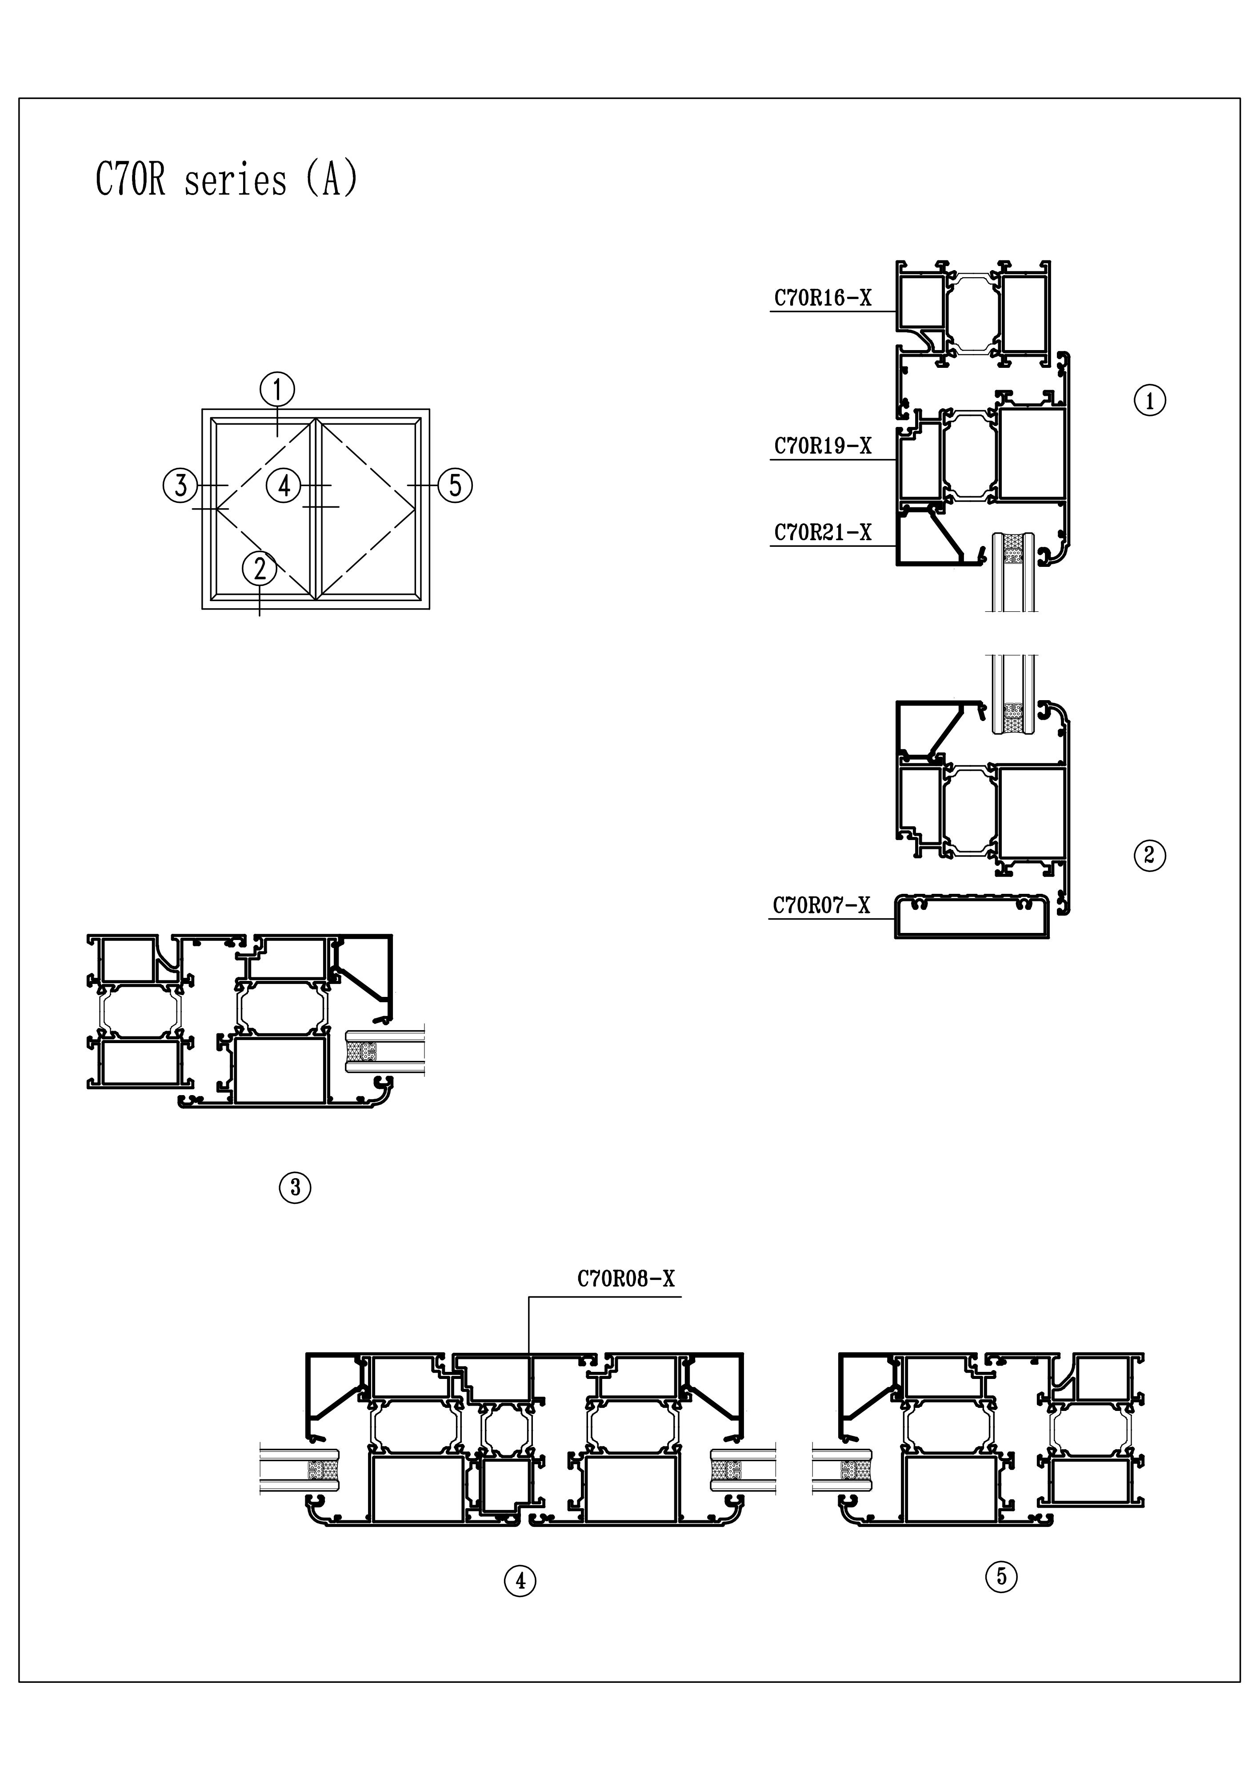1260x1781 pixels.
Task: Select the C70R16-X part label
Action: tap(822, 298)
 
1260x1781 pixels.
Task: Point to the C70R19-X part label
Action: tap(822, 446)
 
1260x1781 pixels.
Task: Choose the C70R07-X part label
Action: tap(821, 905)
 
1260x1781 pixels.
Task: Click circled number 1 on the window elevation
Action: tap(278, 389)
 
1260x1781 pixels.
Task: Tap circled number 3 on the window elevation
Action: tap(180, 486)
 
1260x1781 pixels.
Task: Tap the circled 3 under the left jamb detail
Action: tap(295, 1187)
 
